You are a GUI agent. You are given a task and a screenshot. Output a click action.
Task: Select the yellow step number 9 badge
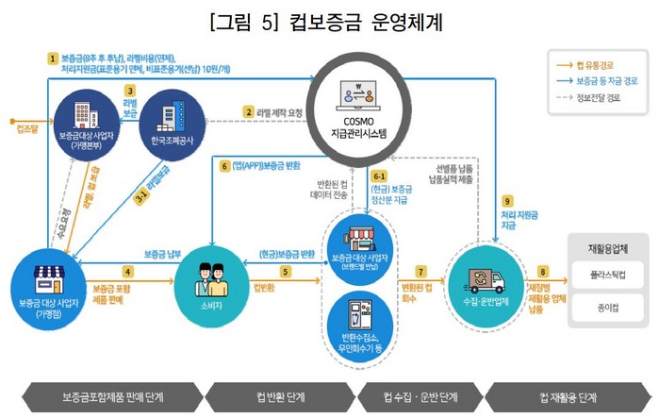pos(507,201)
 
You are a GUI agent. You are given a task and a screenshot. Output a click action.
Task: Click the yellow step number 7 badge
pos(420,271)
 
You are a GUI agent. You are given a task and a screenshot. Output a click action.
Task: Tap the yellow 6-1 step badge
pos(380,176)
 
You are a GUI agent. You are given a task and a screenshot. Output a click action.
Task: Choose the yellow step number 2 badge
pos(250,112)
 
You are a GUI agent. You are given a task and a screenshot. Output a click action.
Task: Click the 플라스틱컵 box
pos(607,278)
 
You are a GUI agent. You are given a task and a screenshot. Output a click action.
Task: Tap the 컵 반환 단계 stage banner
pos(280,395)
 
